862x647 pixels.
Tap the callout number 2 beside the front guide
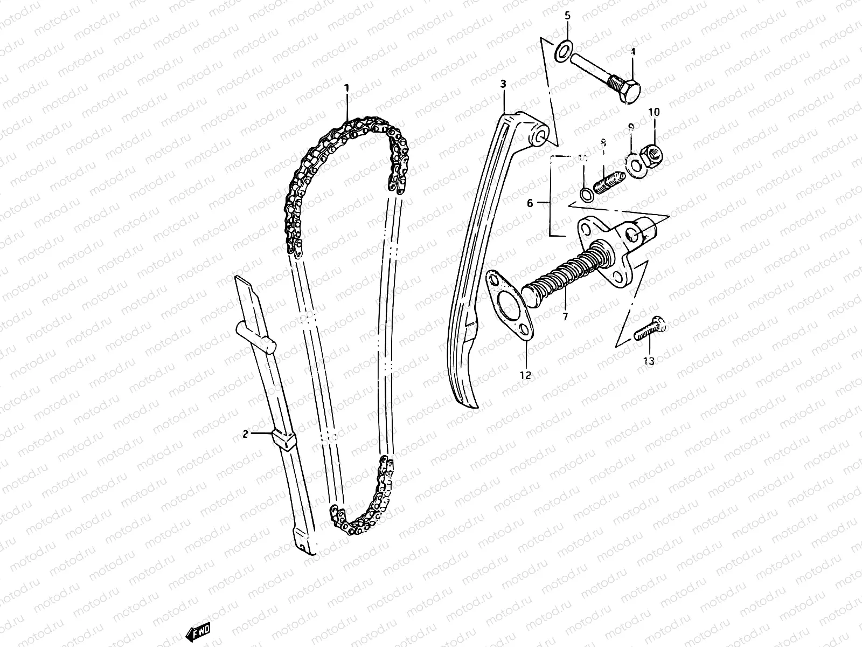[x=245, y=433]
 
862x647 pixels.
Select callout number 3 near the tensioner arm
[x=503, y=84]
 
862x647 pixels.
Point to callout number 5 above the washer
[x=567, y=16]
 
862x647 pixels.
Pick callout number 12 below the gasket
[x=525, y=375]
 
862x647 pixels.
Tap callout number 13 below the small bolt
[x=649, y=361]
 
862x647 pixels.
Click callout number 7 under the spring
[x=565, y=317]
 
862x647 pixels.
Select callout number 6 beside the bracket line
[x=530, y=203]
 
